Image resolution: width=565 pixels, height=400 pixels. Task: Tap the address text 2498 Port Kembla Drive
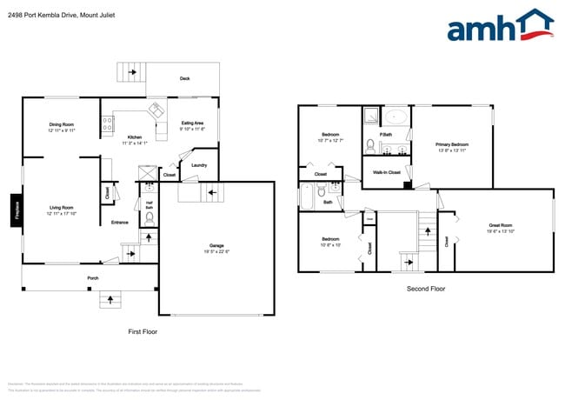pos(60,15)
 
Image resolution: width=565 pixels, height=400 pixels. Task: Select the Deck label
pos(184,78)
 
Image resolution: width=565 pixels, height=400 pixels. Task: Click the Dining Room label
pos(61,125)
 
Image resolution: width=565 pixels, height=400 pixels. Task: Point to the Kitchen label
pos(135,137)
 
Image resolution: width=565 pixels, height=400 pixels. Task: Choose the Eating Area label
pos(192,123)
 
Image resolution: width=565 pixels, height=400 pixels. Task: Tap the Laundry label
pos(198,165)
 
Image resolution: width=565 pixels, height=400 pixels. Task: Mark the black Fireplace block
pos(15,212)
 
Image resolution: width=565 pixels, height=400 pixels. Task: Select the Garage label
pos(216,246)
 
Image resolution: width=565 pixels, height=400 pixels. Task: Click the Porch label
pos(92,279)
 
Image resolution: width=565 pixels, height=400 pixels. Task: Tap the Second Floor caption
pos(426,288)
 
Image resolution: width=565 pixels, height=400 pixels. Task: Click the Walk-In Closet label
pos(387,172)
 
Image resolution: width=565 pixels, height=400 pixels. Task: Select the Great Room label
pos(501,226)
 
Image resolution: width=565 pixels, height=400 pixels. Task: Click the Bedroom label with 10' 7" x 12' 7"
pos(330,135)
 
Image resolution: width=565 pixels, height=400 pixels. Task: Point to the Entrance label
pos(120,223)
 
